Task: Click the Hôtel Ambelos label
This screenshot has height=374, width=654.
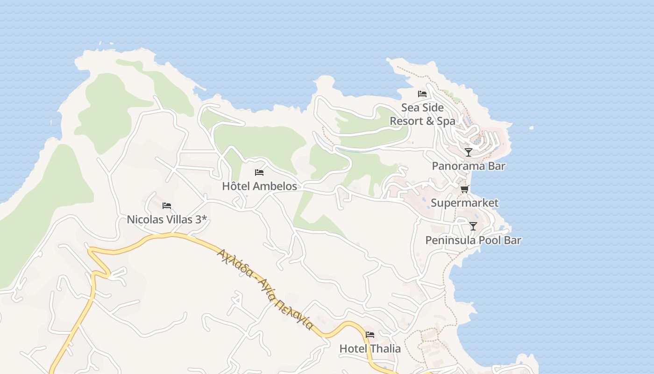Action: click(x=259, y=186)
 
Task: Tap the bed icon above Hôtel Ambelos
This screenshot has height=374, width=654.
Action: click(x=259, y=173)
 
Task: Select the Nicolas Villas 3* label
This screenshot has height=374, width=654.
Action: click(x=167, y=219)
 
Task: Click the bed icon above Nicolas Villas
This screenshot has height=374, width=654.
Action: click(x=167, y=206)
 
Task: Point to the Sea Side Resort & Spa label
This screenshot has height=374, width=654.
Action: click(x=422, y=115)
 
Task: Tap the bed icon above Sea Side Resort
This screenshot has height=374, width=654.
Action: click(x=422, y=94)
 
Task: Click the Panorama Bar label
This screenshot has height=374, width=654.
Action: click(x=469, y=166)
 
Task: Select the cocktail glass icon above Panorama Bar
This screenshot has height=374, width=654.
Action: click(x=469, y=152)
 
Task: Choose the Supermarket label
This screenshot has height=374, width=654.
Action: click(x=464, y=203)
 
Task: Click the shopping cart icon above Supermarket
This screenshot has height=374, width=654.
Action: click(x=464, y=189)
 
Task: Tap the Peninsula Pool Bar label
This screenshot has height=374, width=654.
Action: click(x=473, y=240)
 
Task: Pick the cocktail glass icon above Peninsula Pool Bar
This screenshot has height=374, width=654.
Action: click(x=473, y=226)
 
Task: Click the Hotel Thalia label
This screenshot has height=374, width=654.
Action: click(x=370, y=349)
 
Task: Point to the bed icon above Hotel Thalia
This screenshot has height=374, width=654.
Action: click(x=370, y=335)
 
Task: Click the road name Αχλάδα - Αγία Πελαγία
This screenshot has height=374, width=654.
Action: click(x=264, y=288)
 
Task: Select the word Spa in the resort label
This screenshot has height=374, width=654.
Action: click(x=445, y=122)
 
